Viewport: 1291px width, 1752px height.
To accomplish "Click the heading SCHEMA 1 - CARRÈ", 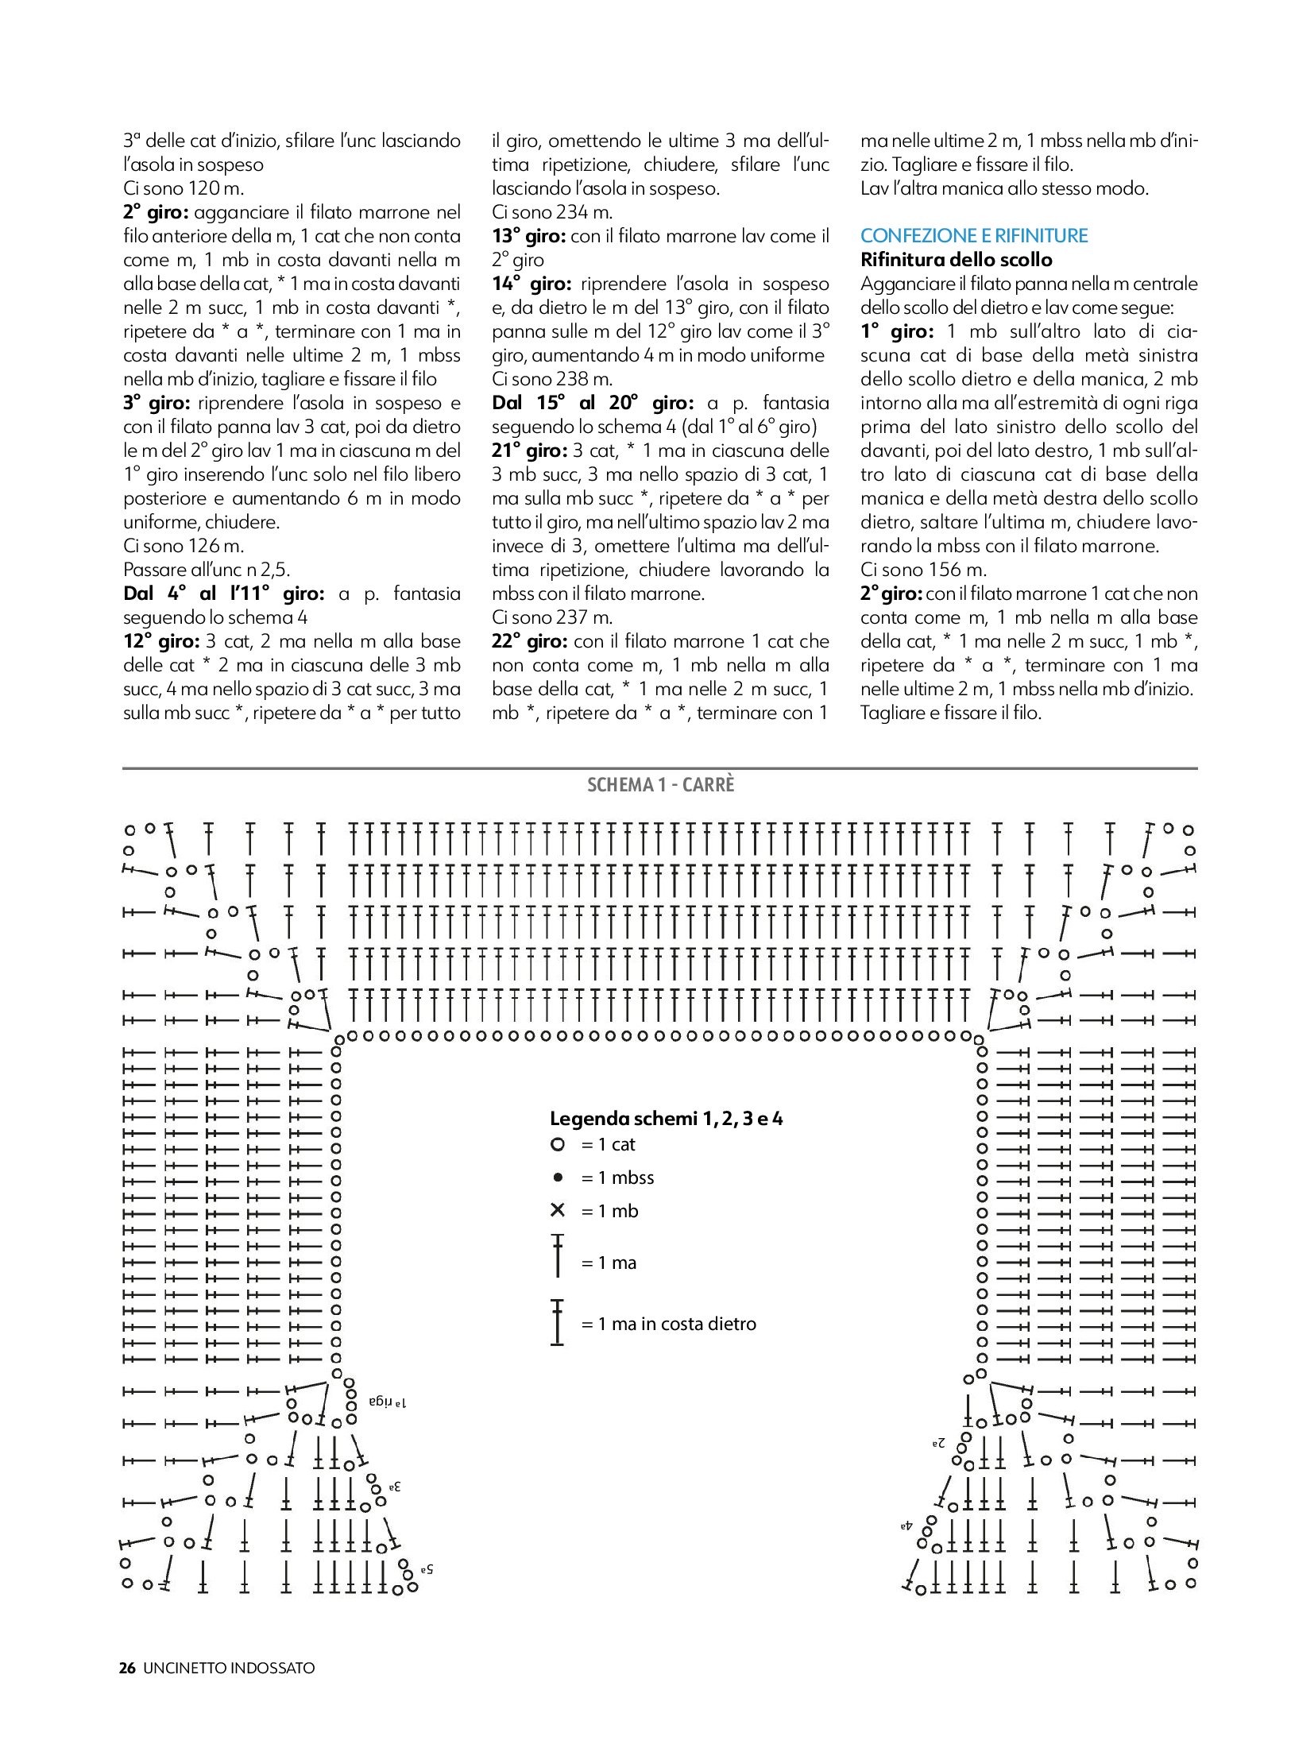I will point(660,785).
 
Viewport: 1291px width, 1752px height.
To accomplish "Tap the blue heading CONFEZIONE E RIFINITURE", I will point(974,236).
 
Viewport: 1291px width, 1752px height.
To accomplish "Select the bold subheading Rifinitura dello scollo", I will point(956,260).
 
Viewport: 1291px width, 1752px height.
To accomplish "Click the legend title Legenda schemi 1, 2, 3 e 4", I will point(666,1119).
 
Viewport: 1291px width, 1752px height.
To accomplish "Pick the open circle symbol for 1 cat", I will point(558,1144).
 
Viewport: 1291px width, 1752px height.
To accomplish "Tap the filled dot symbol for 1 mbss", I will point(558,1178).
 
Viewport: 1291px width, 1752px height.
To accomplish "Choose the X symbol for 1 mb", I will point(558,1210).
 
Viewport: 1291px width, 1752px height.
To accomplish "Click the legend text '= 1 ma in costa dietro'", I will point(668,1324).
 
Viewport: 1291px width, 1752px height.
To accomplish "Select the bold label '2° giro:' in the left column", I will point(156,212).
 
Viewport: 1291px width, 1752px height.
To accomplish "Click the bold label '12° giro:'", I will point(161,641).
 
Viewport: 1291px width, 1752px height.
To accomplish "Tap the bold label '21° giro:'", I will point(529,451).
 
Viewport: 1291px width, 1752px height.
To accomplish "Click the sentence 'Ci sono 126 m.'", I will point(184,546).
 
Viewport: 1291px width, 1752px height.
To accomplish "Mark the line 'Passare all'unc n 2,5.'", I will point(207,570).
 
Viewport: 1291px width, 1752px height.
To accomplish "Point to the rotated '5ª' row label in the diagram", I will point(427,1569).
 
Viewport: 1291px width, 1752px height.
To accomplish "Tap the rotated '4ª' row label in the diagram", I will point(906,1526).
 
